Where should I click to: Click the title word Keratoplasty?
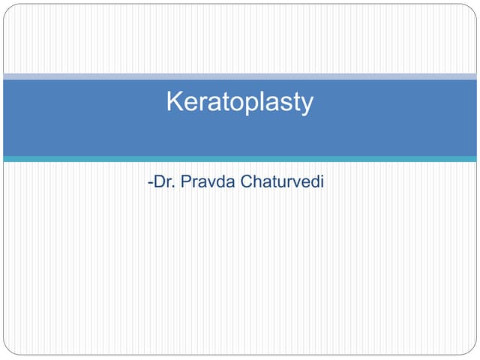pyautogui.click(x=239, y=102)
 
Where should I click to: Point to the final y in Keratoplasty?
pyautogui.click(x=306, y=105)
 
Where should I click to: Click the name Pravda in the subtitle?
pyautogui.click(x=214, y=182)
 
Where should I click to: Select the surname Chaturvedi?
pyautogui.click(x=283, y=182)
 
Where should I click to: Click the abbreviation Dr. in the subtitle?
pyautogui.click(x=164, y=182)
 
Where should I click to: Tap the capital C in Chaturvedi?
pyautogui.click(x=247, y=182)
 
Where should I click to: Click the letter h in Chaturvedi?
pyautogui.click(x=258, y=182)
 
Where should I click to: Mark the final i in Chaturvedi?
pyautogui.click(x=322, y=182)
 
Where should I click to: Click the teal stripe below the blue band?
pyautogui.click(x=240, y=159)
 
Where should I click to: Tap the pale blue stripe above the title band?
pyautogui.click(x=240, y=76)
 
